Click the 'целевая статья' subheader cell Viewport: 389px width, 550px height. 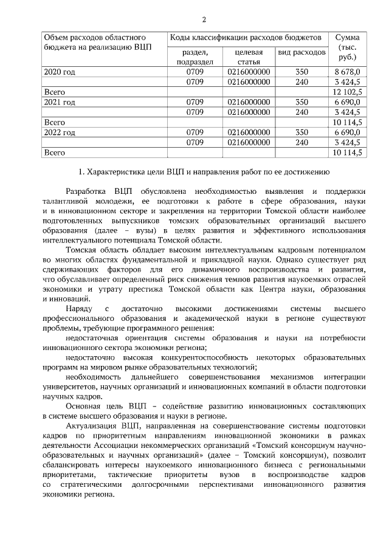(x=249, y=57)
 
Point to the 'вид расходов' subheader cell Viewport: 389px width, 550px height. (x=301, y=53)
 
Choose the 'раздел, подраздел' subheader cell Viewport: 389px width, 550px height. (x=194, y=57)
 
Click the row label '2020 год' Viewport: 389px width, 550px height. (x=60, y=72)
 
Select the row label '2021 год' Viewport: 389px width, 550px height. (x=60, y=101)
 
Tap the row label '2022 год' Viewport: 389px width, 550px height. (x=60, y=132)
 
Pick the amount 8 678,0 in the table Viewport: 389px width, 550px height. (x=348, y=72)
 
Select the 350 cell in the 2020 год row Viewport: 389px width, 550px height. (x=301, y=72)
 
